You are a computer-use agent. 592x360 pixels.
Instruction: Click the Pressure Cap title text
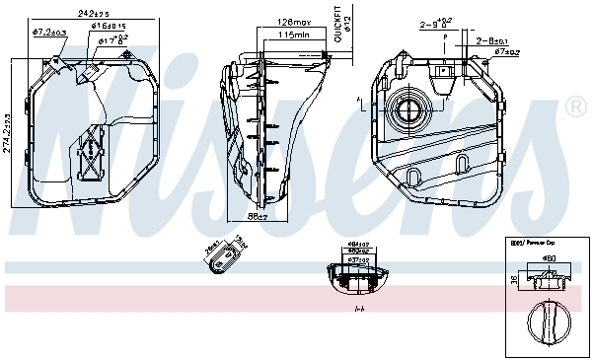tap(532, 242)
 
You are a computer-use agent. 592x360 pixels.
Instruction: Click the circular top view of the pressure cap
tap(547, 323)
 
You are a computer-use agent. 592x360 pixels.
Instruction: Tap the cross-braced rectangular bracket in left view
tap(93, 154)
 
